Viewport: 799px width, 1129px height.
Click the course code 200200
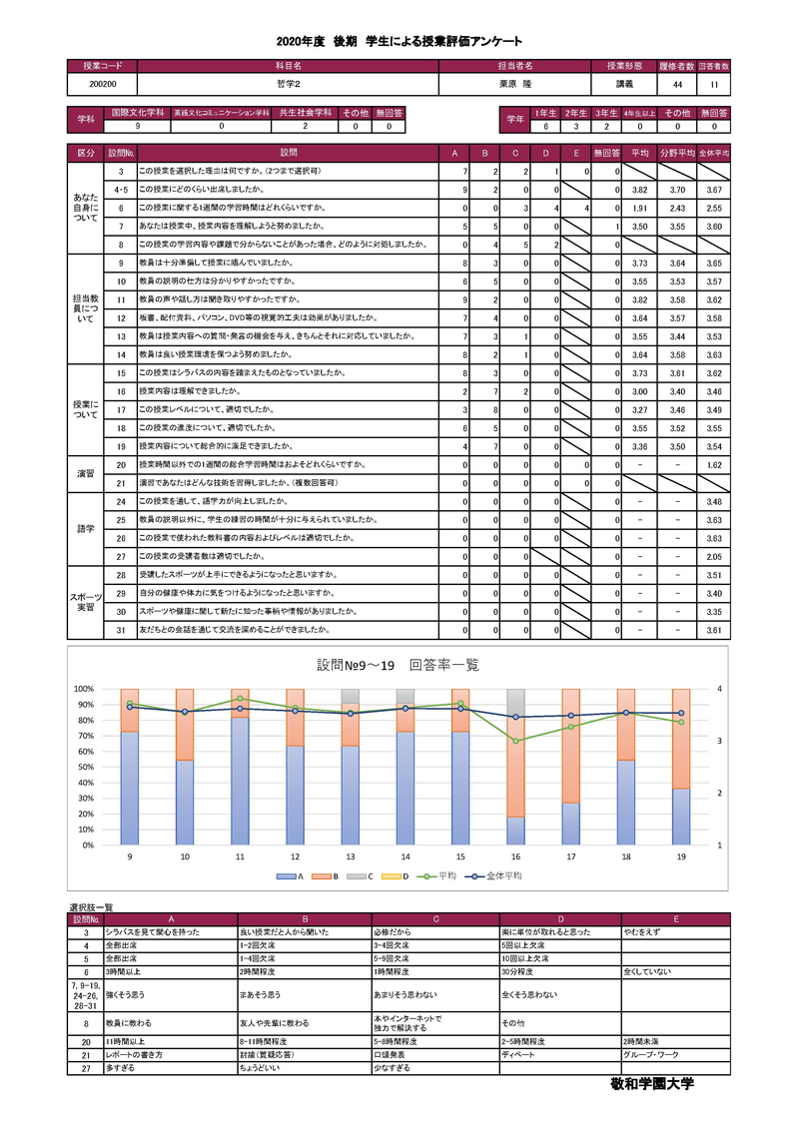(103, 85)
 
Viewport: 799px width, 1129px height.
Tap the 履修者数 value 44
(678, 85)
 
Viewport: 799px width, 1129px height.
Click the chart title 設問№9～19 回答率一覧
(398, 666)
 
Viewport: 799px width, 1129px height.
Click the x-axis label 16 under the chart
(515, 856)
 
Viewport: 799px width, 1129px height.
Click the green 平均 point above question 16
(515, 741)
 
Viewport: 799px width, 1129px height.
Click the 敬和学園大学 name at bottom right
(651, 1083)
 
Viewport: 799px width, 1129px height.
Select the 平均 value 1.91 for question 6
(640, 208)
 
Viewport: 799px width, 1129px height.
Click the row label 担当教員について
(85, 308)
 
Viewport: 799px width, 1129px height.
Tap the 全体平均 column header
(713, 153)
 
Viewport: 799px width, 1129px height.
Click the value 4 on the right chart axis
(719, 689)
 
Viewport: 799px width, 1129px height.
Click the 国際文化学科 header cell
(137, 113)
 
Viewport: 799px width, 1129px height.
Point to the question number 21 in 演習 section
(120, 482)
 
